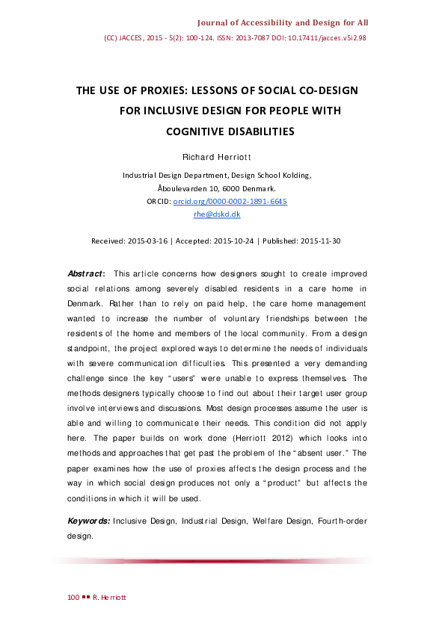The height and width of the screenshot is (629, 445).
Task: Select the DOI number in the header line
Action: pos(336,37)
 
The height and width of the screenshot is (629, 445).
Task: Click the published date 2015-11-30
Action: pos(321,241)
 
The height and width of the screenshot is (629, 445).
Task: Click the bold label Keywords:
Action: pos(89,520)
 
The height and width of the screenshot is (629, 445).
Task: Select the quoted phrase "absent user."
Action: pos(322,453)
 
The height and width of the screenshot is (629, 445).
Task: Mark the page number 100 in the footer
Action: pos(73,598)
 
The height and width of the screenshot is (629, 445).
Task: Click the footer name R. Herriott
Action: pos(111,598)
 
